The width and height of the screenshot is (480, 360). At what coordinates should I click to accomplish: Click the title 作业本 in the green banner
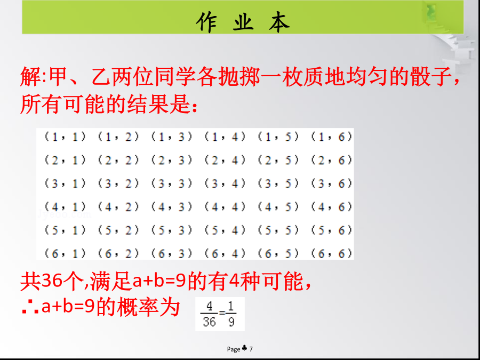243,22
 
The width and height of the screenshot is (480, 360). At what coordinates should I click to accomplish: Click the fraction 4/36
209,314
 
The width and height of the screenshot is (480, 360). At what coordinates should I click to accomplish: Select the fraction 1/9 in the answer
231,314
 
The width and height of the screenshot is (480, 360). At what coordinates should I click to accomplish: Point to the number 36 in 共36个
51,281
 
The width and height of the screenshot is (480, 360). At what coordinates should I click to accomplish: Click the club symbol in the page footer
245,348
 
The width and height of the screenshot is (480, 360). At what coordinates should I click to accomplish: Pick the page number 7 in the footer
251,349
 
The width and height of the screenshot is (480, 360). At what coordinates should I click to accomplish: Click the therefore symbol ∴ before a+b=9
30,308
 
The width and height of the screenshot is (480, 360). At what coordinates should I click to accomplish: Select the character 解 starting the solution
30,76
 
